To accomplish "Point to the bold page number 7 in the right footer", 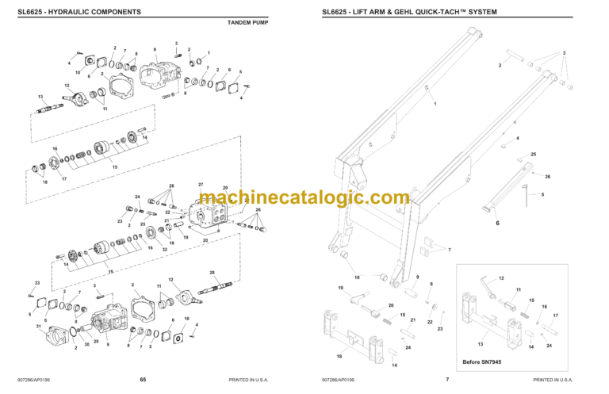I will pyautogui.click(x=447, y=380).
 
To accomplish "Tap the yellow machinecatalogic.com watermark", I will pyautogui.click(x=304, y=198).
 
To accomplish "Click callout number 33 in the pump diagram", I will pyautogui.click(x=36, y=283).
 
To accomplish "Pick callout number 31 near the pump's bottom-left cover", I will pyautogui.click(x=37, y=326).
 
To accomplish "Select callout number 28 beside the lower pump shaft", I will pyautogui.click(x=212, y=273).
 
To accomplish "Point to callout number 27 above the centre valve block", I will pyautogui.click(x=201, y=184).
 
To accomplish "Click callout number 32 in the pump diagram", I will pyautogui.click(x=164, y=250).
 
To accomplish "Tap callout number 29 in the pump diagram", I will pyautogui.click(x=97, y=341).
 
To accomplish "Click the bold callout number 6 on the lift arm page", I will pyautogui.click(x=498, y=224).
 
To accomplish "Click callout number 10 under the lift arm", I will pyautogui.click(x=357, y=277).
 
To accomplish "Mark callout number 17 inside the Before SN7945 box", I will pyautogui.click(x=555, y=316).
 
